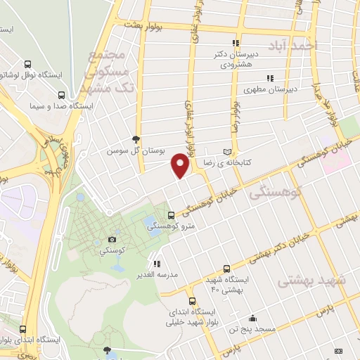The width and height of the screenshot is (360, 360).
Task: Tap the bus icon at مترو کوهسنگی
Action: coord(172,215)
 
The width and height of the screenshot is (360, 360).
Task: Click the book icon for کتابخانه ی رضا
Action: coord(226,152)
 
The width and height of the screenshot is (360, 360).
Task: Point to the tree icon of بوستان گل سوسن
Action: coord(136,140)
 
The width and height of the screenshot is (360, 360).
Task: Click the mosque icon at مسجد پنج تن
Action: coord(252,318)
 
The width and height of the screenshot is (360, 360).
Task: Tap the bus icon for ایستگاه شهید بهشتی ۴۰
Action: coord(226,269)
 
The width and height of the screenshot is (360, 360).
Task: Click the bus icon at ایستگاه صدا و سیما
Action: coord(63,95)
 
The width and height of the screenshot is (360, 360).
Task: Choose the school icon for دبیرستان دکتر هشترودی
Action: coord(236,44)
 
